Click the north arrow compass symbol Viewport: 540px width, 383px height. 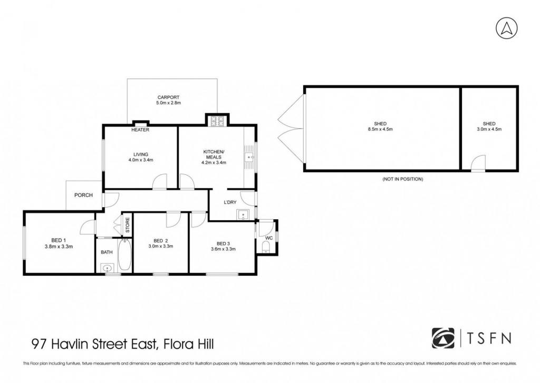507,28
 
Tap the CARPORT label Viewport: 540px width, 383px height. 168,97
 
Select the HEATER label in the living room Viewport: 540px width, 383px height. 140,130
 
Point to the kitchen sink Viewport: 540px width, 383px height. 249,157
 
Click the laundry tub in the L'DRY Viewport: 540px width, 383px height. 243,214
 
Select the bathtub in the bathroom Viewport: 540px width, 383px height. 124,255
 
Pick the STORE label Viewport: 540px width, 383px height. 128,225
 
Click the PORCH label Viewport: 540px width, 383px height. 83,195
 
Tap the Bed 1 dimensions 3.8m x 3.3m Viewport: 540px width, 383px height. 59,246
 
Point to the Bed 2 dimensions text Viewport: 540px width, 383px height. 160,246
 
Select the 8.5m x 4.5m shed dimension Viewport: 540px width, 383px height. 380,129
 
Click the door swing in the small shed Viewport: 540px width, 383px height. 478,164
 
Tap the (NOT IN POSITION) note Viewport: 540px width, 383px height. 402,179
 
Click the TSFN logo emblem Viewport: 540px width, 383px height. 443,339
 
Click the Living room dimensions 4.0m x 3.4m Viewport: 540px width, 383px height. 140,160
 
